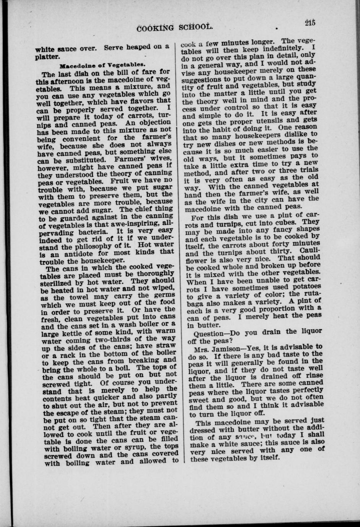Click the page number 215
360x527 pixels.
(310, 23)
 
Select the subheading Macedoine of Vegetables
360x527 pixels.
(101, 65)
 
